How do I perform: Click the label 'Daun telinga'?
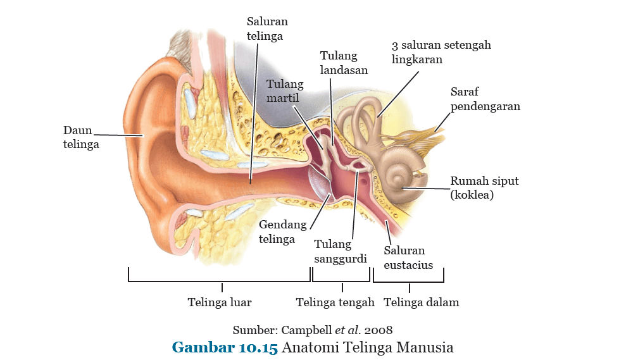(x=81, y=137)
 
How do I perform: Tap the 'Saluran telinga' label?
(x=266, y=29)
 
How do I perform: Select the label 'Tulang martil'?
(x=285, y=91)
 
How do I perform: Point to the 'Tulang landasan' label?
(x=344, y=63)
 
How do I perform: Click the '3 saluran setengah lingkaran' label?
(x=441, y=53)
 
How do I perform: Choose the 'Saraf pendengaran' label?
(x=485, y=99)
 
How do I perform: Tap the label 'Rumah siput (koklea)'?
(x=484, y=188)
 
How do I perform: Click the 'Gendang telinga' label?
(x=282, y=232)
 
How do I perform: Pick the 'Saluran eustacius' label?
(x=408, y=258)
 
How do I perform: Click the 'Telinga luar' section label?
(x=220, y=302)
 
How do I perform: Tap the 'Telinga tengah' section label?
(x=335, y=302)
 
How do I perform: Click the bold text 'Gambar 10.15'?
(x=225, y=347)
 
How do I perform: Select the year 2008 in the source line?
(x=378, y=330)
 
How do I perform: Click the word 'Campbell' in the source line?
(x=306, y=330)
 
